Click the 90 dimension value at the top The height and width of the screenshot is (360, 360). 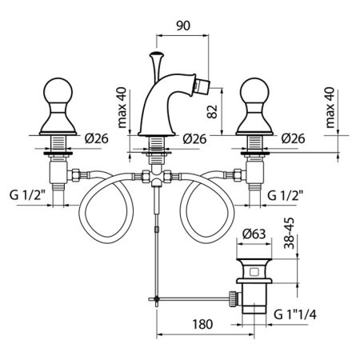tap(183, 26)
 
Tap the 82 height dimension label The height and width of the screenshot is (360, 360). tap(212, 112)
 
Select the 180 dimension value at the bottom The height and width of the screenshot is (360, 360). tap(202, 325)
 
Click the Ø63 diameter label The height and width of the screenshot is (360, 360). tap(254, 234)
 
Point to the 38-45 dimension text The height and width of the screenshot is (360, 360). tap(289, 234)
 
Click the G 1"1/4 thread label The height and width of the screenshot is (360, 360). tap(295, 314)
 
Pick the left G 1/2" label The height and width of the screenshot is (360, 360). tap(26, 195)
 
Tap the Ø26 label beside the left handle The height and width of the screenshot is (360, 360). tap(97, 138)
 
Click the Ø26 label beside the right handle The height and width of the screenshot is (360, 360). tap(293, 138)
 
